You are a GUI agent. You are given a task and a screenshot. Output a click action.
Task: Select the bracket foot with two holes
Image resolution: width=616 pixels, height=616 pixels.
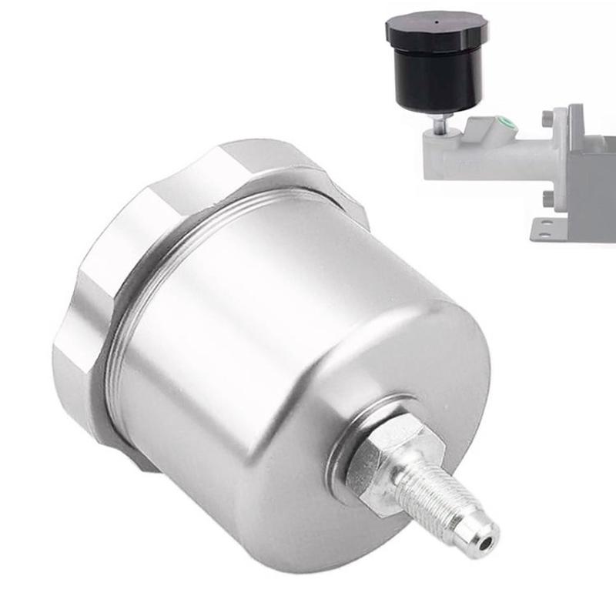click(551, 227)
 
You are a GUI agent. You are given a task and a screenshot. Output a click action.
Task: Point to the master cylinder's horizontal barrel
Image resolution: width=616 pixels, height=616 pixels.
click(493, 158)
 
